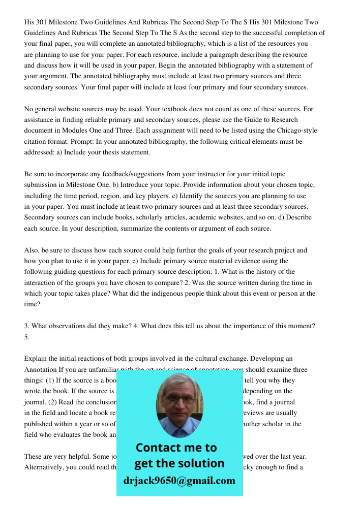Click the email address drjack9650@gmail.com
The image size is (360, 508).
[179, 481]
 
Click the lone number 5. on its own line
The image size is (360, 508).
[27, 337]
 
